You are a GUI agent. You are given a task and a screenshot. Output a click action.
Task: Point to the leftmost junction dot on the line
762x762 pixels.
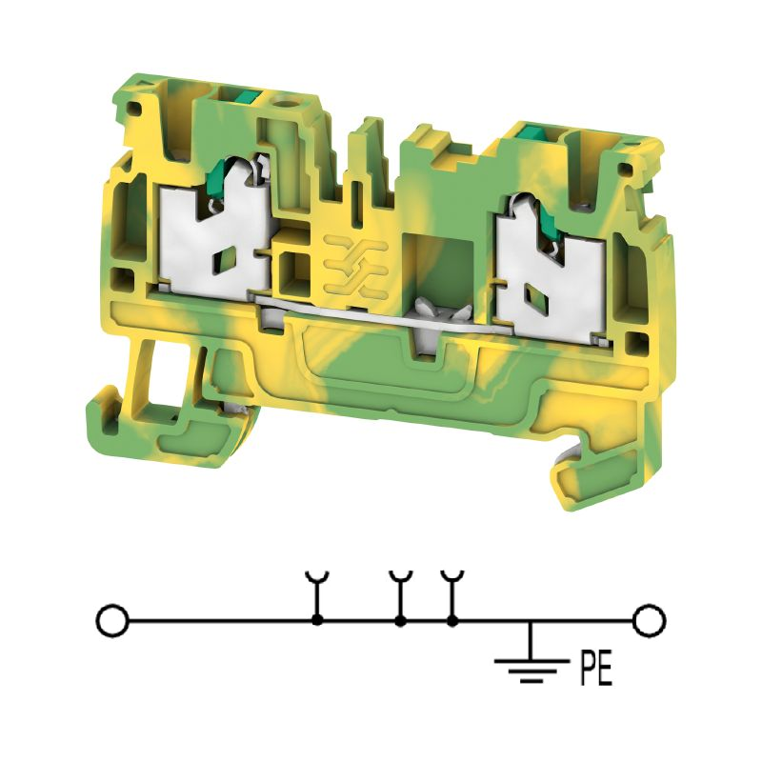coord(317,621)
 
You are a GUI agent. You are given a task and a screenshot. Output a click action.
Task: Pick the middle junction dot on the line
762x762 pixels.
coord(400,621)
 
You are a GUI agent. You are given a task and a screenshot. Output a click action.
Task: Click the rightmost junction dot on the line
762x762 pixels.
coord(451,621)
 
